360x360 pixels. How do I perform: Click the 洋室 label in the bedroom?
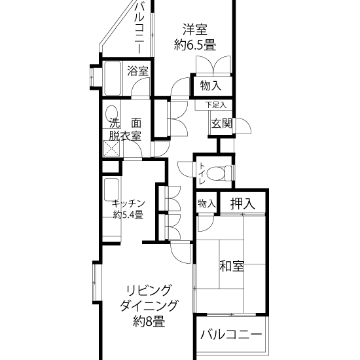194,29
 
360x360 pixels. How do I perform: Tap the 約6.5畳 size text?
195,45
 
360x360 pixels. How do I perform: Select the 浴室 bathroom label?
137,71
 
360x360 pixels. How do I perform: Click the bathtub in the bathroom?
113,79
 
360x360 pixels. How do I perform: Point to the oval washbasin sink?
112,113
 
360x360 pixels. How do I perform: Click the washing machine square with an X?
111,149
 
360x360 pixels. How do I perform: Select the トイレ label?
202,173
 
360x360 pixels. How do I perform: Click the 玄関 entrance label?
221,124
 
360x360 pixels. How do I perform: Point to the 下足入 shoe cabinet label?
215,105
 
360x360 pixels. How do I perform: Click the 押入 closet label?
243,204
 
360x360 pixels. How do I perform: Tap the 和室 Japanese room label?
232,266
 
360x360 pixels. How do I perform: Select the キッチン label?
128,204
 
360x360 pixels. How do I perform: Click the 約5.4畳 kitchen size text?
128,215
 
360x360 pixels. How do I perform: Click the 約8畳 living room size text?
149,321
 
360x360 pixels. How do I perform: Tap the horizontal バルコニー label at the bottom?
231,334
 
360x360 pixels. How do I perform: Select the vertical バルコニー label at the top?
139,27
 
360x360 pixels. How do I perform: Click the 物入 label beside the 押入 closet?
207,203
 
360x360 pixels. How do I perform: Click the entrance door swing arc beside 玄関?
243,126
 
